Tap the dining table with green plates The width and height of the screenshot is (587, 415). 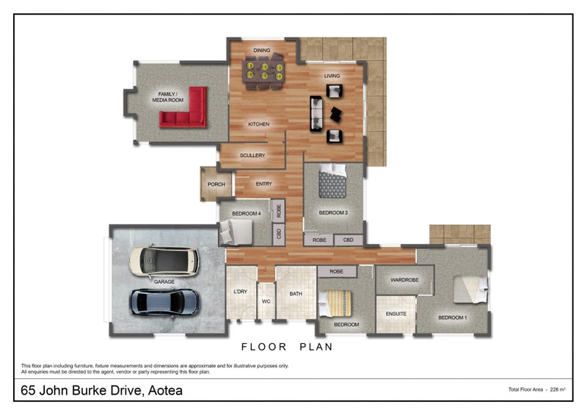263,71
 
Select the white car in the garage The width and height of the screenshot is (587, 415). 164,261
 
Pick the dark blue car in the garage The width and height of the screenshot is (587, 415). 164,302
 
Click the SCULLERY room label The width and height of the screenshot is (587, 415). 252,155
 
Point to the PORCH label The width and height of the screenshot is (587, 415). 216,184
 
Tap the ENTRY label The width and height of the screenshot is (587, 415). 264,184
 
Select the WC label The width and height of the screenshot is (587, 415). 266,301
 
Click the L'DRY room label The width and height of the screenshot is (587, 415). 241,292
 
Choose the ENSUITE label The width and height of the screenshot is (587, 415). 396,314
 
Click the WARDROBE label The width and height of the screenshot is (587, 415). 405,279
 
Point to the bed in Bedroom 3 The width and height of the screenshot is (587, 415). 332,181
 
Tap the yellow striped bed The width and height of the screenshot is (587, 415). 335,303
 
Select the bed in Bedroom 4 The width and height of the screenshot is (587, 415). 236,232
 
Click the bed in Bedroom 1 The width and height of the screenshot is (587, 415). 470,290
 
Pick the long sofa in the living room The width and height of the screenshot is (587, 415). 316,114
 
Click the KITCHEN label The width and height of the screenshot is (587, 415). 259,124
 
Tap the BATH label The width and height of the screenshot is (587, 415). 296,294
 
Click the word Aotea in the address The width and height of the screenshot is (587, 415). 165,390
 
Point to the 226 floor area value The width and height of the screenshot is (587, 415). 555,389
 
